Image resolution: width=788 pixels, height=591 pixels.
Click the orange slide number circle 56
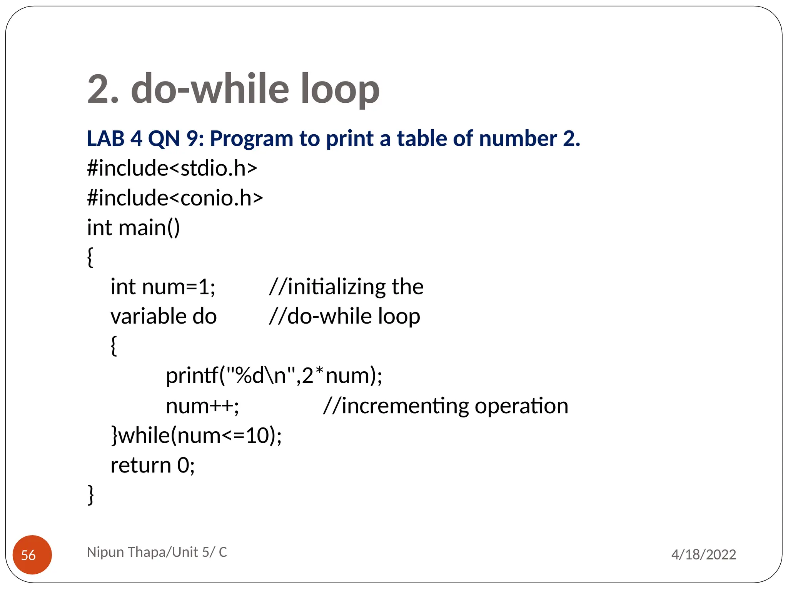click(32, 554)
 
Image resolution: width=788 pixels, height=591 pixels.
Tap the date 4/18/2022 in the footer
click(703, 554)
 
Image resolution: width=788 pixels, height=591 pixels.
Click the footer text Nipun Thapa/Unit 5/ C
click(157, 552)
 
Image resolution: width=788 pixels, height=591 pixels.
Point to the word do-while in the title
click(210, 89)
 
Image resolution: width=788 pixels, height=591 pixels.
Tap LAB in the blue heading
click(105, 139)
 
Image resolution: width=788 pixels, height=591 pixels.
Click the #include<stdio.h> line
click(172, 169)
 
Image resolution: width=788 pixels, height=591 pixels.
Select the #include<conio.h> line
click(175, 198)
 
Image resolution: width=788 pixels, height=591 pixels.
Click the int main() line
click(133, 228)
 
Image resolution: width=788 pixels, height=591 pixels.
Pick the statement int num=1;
click(163, 287)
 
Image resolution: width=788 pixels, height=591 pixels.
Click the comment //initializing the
click(346, 287)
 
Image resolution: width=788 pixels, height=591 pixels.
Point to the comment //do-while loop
click(344, 317)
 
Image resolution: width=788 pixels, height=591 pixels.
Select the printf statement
click(274, 376)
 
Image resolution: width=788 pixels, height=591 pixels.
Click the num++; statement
click(202, 406)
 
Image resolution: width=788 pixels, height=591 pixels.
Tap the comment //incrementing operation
click(446, 406)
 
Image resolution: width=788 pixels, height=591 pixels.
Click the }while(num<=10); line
click(196, 436)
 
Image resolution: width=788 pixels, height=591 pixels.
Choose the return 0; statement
click(153, 465)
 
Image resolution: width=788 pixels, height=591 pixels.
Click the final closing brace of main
click(91, 495)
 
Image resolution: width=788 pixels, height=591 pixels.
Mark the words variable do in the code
click(164, 317)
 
